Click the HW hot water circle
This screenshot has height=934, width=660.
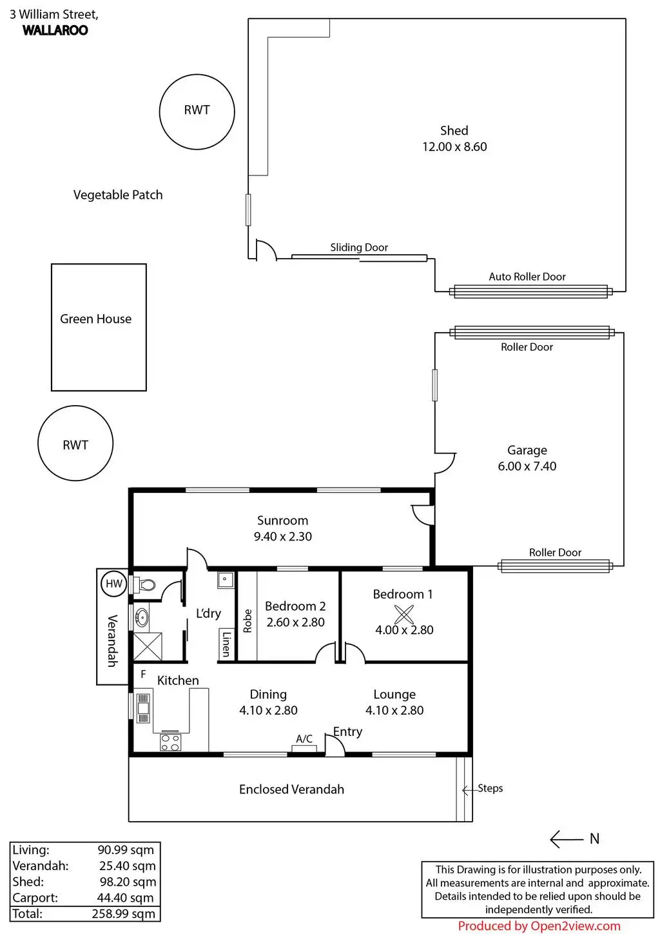click(x=114, y=584)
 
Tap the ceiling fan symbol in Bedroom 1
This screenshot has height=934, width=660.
click(x=404, y=615)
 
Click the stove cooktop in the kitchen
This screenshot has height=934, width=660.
click(x=170, y=742)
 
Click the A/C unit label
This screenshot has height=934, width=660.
click(x=304, y=739)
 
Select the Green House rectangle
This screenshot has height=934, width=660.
click(x=99, y=327)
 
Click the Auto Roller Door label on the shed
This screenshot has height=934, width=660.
click(x=527, y=277)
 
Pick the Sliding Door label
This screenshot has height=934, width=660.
click(x=359, y=248)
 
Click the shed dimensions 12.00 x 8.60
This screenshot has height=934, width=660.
click(x=454, y=147)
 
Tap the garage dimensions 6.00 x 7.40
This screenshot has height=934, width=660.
click(x=527, y=466)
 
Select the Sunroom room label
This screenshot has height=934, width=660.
click(x=282, y=521)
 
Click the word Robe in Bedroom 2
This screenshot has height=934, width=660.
click(x=247, y=621)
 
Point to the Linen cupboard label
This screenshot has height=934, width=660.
click(x=226, y=643)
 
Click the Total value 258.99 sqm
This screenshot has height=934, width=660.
click(x=123, y=913)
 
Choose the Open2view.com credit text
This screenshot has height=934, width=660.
click(x=539, y=926)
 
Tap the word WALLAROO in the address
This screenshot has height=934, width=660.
click(x=55, y=30)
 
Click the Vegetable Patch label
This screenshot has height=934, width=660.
click(x=118, y=195)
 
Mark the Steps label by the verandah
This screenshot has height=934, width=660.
click(x=490, y=788)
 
